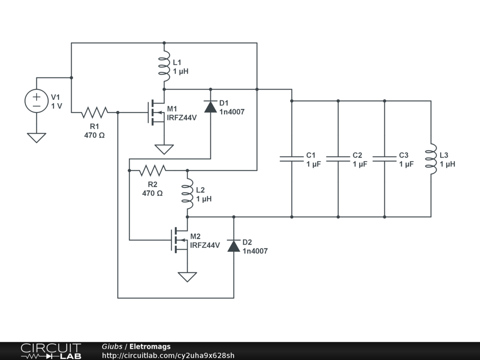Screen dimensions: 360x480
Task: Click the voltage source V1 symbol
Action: [36, 101]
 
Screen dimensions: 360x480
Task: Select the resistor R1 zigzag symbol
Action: [95, 112]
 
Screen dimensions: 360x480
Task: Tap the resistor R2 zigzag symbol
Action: [153, 170]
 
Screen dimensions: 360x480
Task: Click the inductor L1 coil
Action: [164, 66]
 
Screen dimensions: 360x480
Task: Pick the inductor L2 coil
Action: [187, 194]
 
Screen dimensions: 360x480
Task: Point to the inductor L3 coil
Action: [431, 159]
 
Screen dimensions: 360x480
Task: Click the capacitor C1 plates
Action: [292, 159]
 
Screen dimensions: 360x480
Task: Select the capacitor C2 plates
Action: [338, 159]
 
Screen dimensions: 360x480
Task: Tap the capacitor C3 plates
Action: [384, 159]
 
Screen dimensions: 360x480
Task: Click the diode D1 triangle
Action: [210, 106]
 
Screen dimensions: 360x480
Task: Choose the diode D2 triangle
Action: [234, 245]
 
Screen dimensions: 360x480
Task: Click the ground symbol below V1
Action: [36, 137]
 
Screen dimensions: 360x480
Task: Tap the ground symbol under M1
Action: [164, 149]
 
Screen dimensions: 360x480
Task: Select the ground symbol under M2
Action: [187, 277]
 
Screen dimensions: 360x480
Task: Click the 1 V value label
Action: [56, 106]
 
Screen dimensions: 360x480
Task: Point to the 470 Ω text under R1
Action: [95, 135]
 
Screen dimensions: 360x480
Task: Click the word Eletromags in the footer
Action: [150, 347]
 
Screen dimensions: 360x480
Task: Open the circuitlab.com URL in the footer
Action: [168, 355]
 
